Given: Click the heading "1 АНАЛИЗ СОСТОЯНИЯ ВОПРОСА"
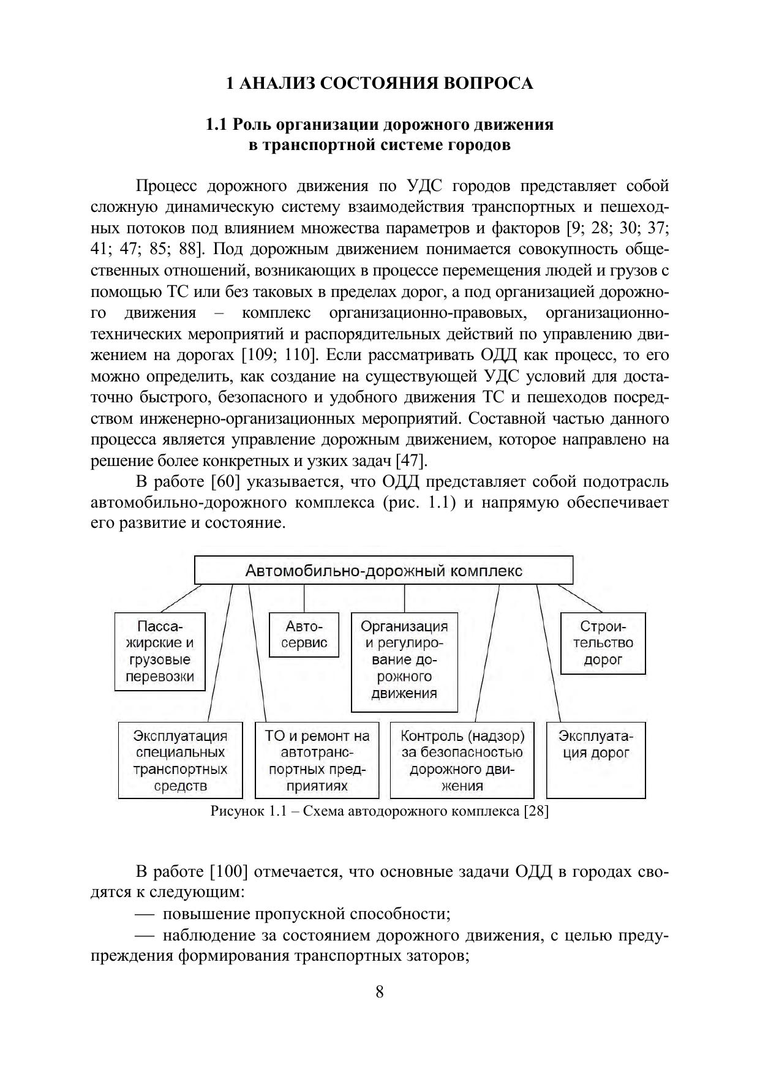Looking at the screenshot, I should pos(380,83).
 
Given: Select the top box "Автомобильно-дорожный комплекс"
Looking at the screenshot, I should pos(383,571).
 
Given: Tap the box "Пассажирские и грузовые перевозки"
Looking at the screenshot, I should pos(160,652).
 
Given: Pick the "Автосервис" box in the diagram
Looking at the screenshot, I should pos(304,635).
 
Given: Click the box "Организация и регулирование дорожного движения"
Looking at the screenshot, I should pos(404,661).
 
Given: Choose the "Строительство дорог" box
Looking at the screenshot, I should pos(603,643).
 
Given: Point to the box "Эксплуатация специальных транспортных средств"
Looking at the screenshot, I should pos(180,761).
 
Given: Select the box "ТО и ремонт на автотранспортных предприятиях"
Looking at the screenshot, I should pos(317,761).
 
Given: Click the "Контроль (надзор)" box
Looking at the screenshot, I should pos(462,761).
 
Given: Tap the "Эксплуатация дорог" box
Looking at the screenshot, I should pos(596,761).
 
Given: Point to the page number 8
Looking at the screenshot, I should pos(380,992).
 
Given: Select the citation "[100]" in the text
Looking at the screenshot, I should pos(228,871).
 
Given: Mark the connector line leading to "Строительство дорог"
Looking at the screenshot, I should pos(580,599).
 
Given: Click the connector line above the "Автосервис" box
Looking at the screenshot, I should pos(304,599).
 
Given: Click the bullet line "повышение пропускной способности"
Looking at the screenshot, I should pos(306,914).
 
